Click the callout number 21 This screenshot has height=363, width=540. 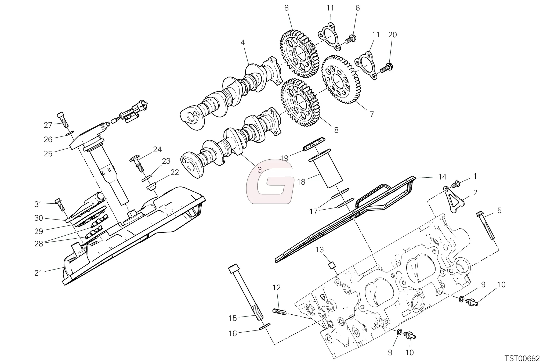pyautogui.click(x=39, y=273)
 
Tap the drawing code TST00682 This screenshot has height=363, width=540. pyautogui.click(x=522, y=358)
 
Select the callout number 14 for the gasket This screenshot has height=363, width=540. pyautogui.click(x=442, y=177)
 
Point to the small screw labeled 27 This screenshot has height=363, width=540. pyautogui.click(x=62, y=120)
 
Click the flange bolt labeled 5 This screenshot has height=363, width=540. pyautogui.click(x=486, y=226)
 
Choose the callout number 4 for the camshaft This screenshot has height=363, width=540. pyautogui.click(x=243, y=42)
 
